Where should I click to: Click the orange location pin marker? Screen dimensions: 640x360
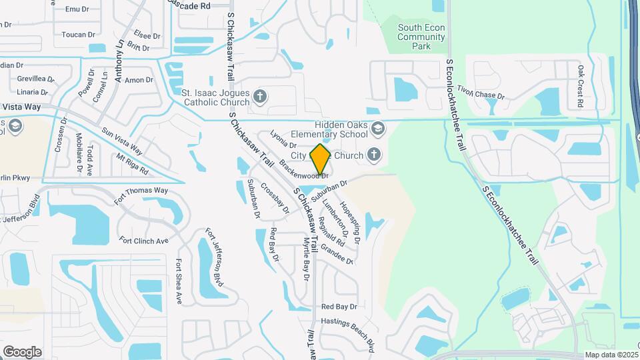(x=321, y=159)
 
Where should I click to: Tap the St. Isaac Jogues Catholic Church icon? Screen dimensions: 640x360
(x=261, y=97)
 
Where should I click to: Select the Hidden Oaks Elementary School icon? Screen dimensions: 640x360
(x=378, y=128)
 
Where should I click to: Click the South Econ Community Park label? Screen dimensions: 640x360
(x=421, y=37)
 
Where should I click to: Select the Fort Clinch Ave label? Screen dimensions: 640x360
(x=143, y=240)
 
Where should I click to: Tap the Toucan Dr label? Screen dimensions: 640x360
(x=78, y=35)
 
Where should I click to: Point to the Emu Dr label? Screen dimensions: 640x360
(x=77, y=9)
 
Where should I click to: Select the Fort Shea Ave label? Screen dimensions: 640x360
(x=179, y=281)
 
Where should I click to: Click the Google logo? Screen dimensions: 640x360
(x=22, y=351)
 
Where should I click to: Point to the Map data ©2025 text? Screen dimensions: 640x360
(x=611, y=355)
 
